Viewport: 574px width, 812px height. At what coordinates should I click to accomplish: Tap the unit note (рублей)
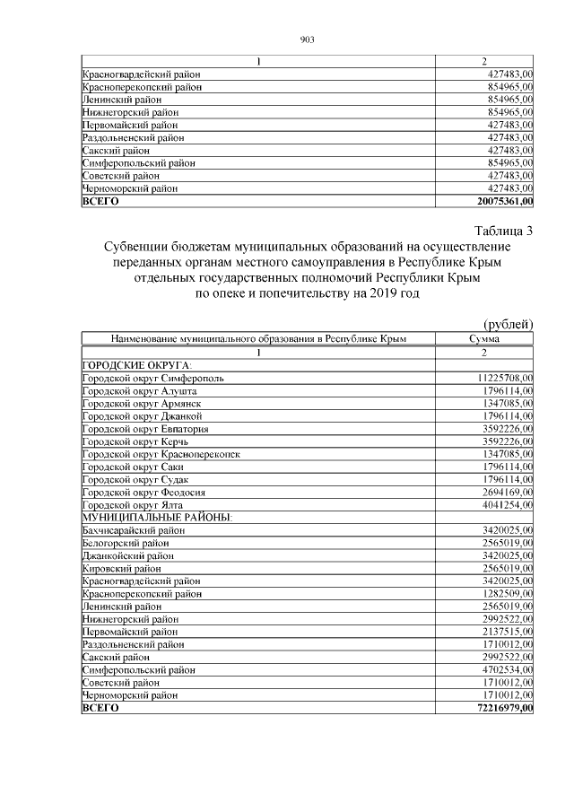pos(508,324)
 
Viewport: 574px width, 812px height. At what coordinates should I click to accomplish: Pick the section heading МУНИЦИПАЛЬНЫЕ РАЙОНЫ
pos(157,518)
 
